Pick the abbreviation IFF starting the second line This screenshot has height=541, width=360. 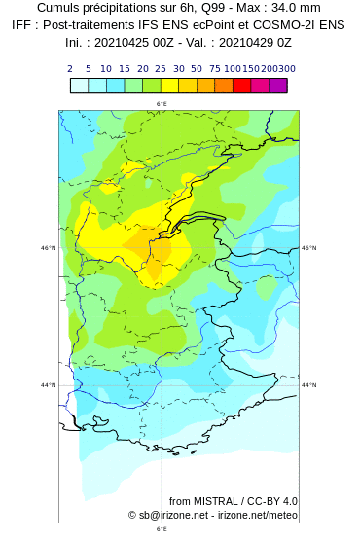tap(24, 25)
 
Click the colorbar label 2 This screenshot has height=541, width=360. tap(70, 69)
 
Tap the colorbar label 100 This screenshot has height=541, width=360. tap(233, 69)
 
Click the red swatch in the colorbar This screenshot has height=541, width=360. tap(241, 86)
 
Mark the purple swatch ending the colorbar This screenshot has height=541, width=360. tap(278, 86)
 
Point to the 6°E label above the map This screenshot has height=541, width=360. tap(162, 104)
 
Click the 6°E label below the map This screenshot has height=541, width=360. tap(162, 530)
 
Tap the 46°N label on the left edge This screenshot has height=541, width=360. tap(49, 248)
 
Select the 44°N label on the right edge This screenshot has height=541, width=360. tap(309, 385)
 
